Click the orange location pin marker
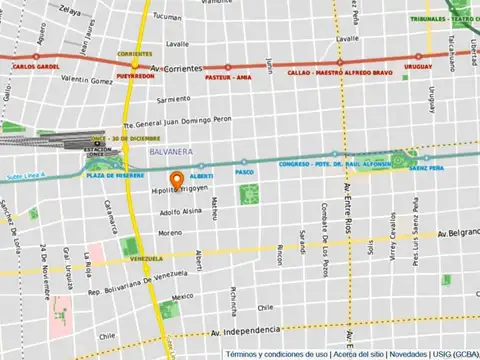[176, 181]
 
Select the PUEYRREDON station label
[135, 75]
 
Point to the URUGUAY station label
[418, 72]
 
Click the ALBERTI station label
[200, 175]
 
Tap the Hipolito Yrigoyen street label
[180, 190]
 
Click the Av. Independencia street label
[246, 330]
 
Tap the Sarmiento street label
[173, 99]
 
